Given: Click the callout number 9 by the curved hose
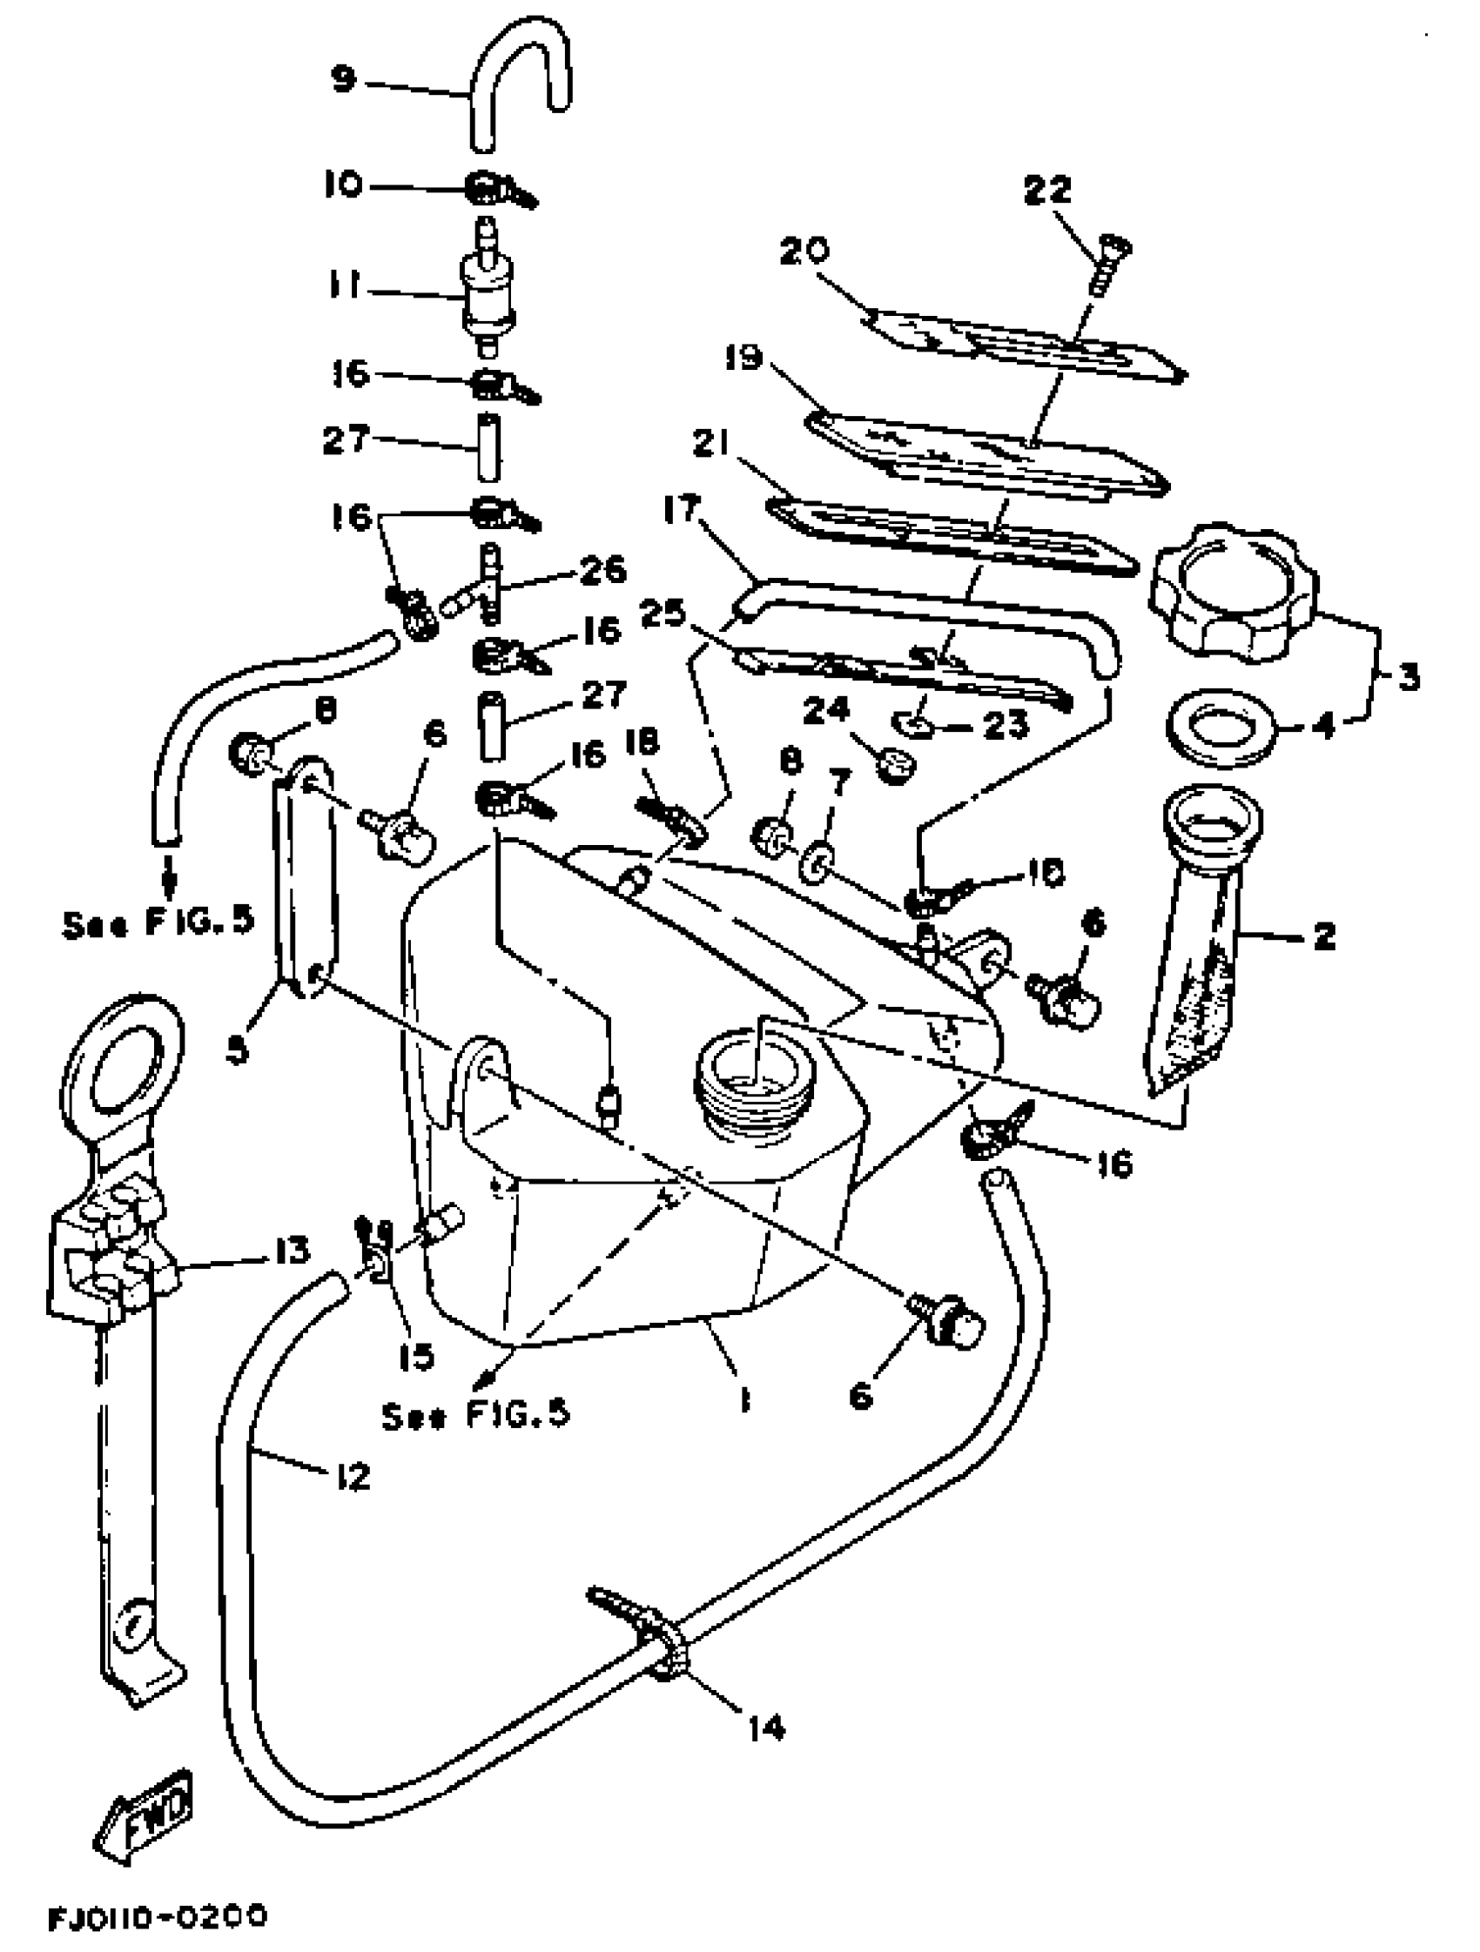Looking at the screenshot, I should (x=341, y=79).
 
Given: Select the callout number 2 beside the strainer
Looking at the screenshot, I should (x=1323, y=936).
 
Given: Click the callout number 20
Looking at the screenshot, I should (x=804, y=252).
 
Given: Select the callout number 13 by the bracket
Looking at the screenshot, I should (x=292, y=1250).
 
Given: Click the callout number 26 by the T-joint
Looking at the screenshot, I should (x=602, y=571).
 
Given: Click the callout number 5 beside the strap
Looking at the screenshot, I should (x=237, y=1051).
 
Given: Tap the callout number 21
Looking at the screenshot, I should (x=711, y=446).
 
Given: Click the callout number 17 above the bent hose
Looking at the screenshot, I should (x=681, y=509).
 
